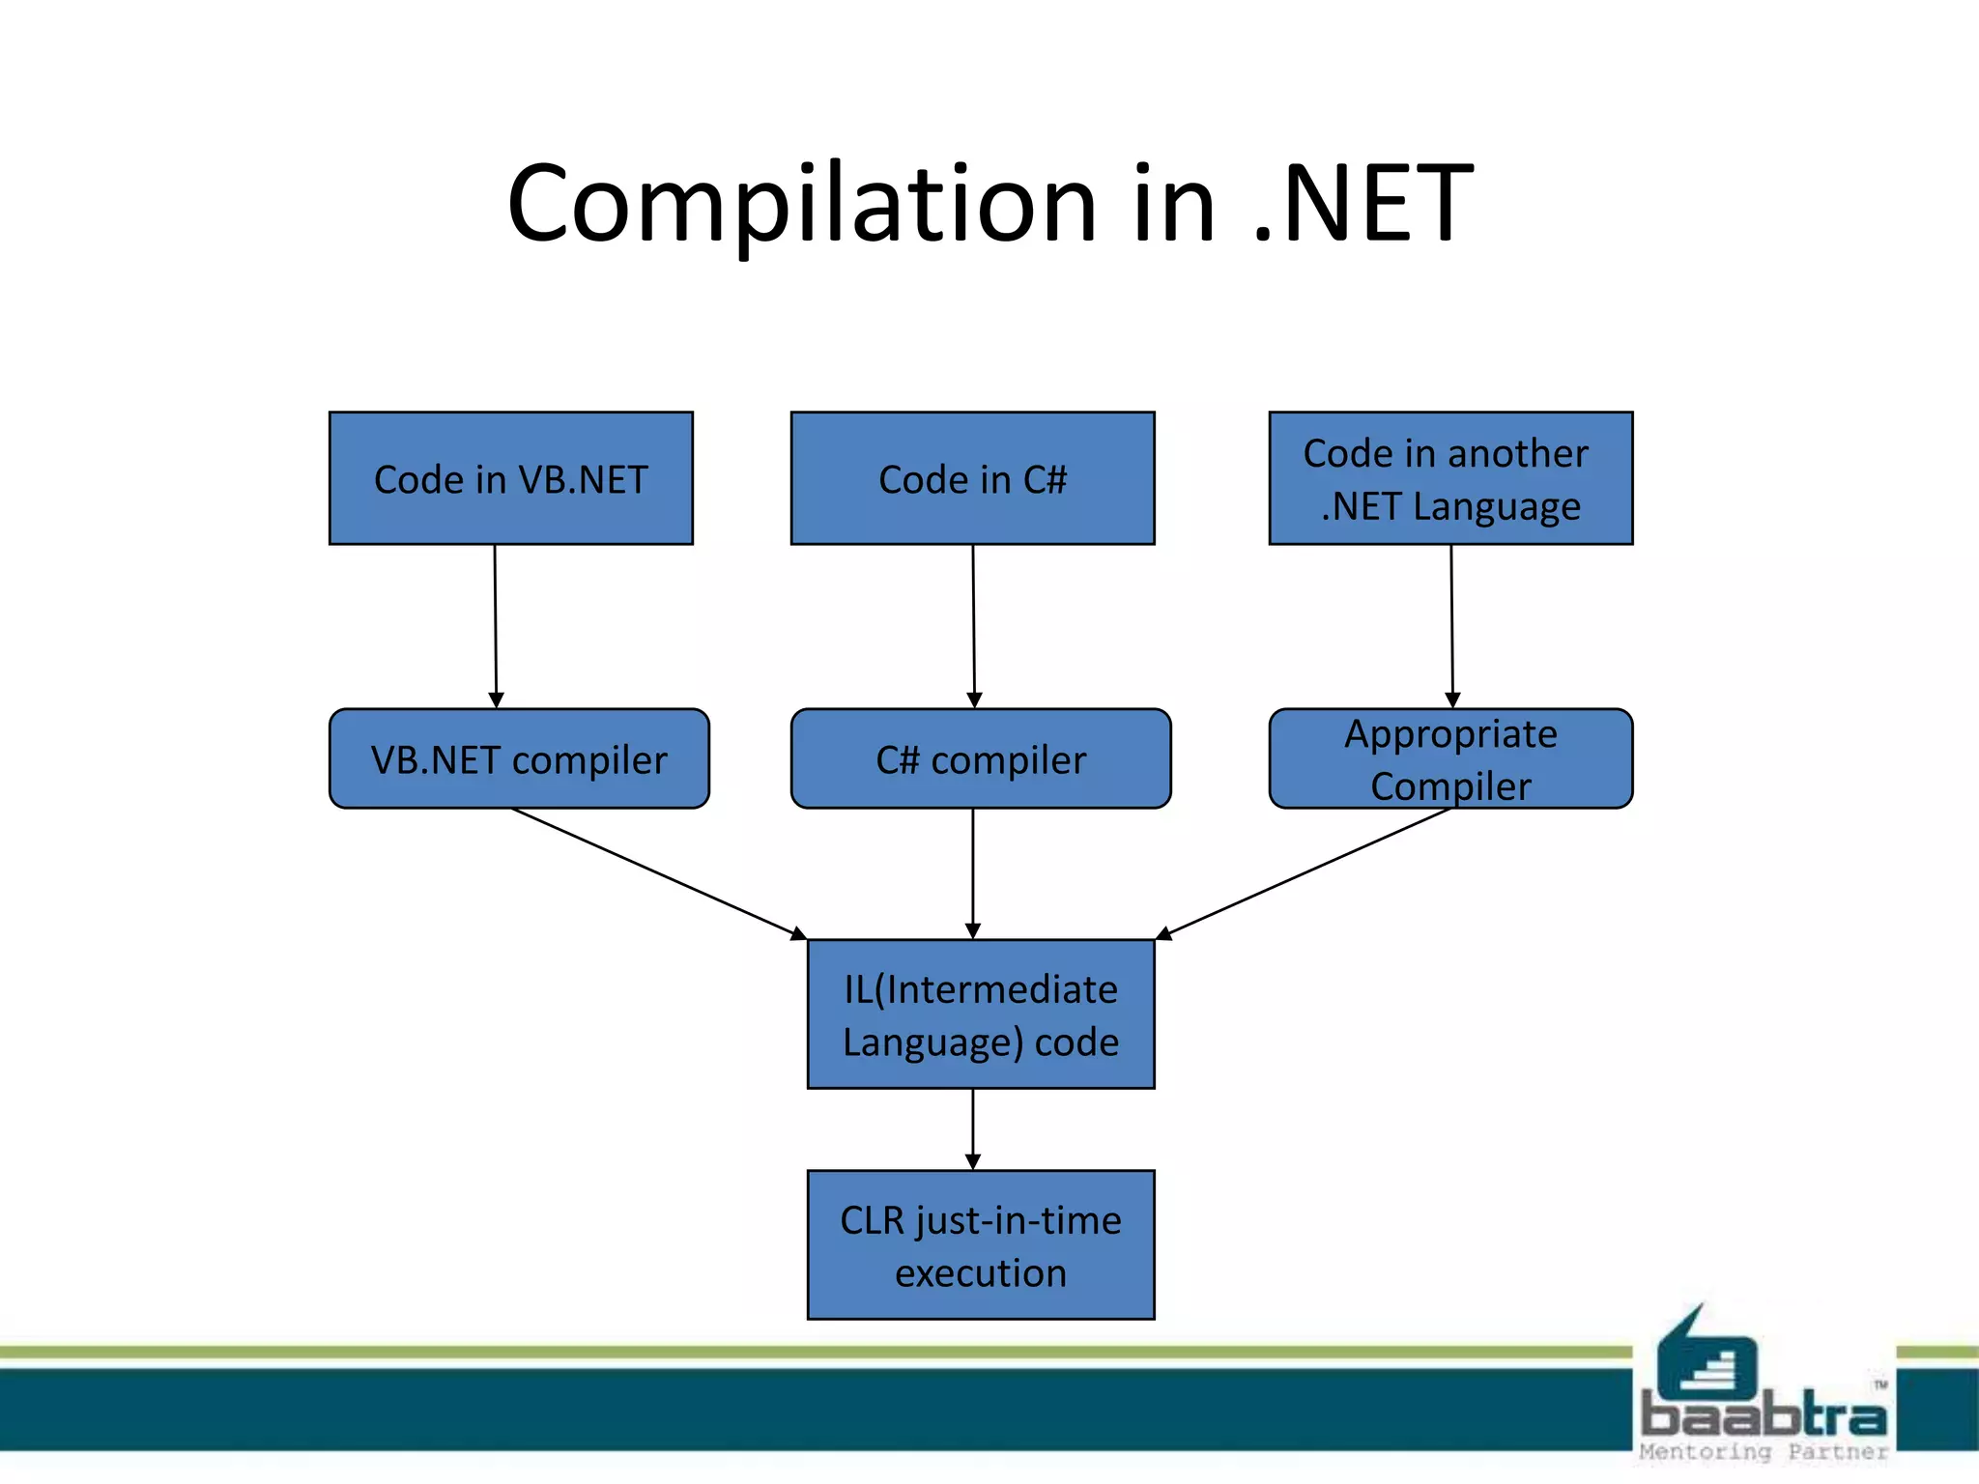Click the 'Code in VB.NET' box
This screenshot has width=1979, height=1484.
(510, 478)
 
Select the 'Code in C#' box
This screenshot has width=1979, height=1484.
(972, 478)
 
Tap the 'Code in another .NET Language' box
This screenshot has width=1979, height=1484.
(1449, 478)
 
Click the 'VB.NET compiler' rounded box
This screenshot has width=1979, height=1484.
(519, 759)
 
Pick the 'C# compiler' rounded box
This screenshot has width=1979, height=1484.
(980, 759)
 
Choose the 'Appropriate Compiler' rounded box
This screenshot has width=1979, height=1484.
(1449, 759)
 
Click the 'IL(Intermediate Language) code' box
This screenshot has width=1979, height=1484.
(980, 1014)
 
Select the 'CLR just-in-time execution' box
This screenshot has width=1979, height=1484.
(980, 1245)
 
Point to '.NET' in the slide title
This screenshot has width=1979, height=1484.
(1362, 205)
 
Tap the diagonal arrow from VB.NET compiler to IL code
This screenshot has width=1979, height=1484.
(657, 873)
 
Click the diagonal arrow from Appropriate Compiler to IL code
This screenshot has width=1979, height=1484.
(1305, 873)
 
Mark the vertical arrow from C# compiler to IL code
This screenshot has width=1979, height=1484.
(973, 873)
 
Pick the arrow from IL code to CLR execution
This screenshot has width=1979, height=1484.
(973, 1128)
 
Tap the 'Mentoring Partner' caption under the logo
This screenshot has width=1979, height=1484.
(1763, 1451)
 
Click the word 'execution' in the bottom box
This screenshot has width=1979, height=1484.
(980, 1273)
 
